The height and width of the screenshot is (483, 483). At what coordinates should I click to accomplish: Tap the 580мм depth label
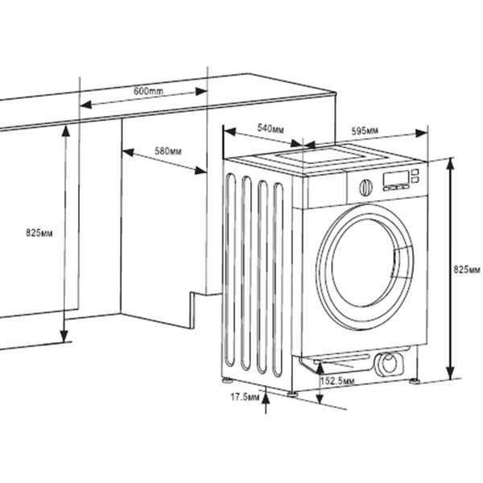pyautogui.click(x=167, y=151)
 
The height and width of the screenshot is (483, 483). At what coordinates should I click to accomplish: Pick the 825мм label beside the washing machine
pyautogui.click(x=469, y=270)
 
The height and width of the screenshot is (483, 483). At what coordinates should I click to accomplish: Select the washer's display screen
pyautogui.click(x=394, y=180)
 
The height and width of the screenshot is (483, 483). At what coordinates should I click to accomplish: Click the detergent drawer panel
pyautogui.click(x=325, y=189)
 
